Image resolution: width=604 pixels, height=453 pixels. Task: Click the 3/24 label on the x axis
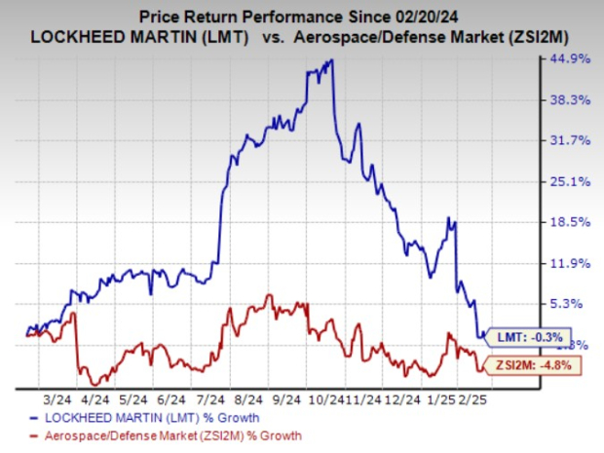click(56, 398)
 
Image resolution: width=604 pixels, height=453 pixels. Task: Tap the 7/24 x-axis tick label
click(209, 398)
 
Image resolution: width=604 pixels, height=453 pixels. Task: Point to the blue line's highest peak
click(331, 60)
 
